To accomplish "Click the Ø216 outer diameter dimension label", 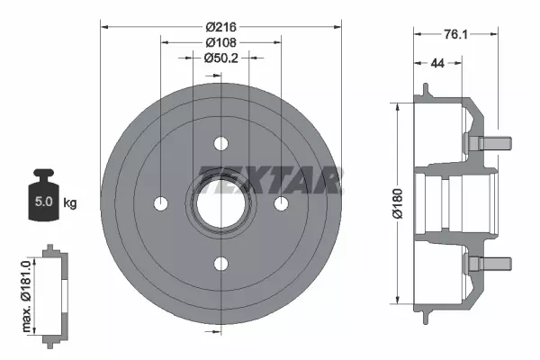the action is coord(221,26).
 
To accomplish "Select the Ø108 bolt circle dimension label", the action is coord(221,42).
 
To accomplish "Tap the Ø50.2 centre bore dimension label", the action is coord(220,58).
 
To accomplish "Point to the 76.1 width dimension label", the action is coord(455,34).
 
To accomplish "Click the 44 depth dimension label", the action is coord(437,63).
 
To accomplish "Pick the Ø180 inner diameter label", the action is coord(398,203).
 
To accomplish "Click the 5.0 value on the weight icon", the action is coord(44,202).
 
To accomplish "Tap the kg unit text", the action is coord(70,202).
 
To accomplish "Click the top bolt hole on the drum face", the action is coord(221,143).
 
